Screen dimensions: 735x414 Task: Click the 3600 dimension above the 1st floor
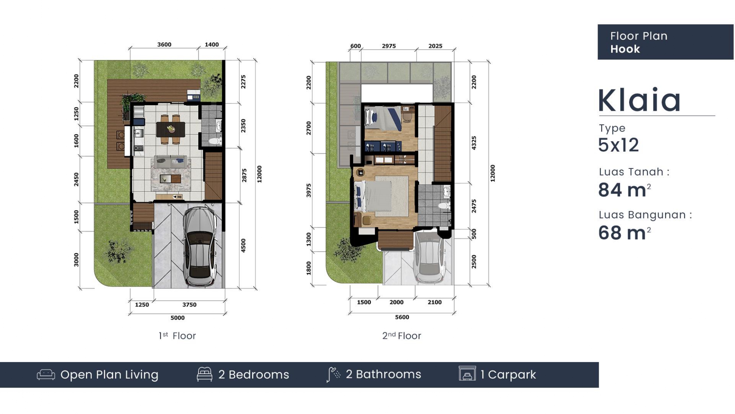coord(164,45)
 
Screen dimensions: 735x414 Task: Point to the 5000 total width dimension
coord(178,318)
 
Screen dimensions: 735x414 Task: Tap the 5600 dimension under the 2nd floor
coord(402,317)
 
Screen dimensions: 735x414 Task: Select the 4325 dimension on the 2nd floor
coord(474,143)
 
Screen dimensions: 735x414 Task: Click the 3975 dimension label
coord(309,190)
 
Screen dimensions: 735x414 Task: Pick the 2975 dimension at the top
coord(389,46)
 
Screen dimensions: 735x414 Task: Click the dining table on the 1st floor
coord(171,129)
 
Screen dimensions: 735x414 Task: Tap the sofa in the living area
coord(171,162)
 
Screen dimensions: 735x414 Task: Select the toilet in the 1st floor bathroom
coord(215,141)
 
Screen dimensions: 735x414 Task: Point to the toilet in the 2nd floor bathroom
coord(444,206)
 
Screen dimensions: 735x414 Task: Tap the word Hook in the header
coord(625,49)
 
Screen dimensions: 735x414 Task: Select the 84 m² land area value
coord(624,190)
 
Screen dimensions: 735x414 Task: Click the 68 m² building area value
coord(624,233)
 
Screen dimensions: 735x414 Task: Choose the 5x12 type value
coord(619,145)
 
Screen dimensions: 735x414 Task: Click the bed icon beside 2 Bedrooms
coord(205,374)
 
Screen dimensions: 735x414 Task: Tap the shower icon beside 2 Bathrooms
coord(333,374)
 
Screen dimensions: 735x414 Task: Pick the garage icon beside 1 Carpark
coord(467,374)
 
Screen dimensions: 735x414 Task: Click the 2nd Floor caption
coord(402,336)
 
